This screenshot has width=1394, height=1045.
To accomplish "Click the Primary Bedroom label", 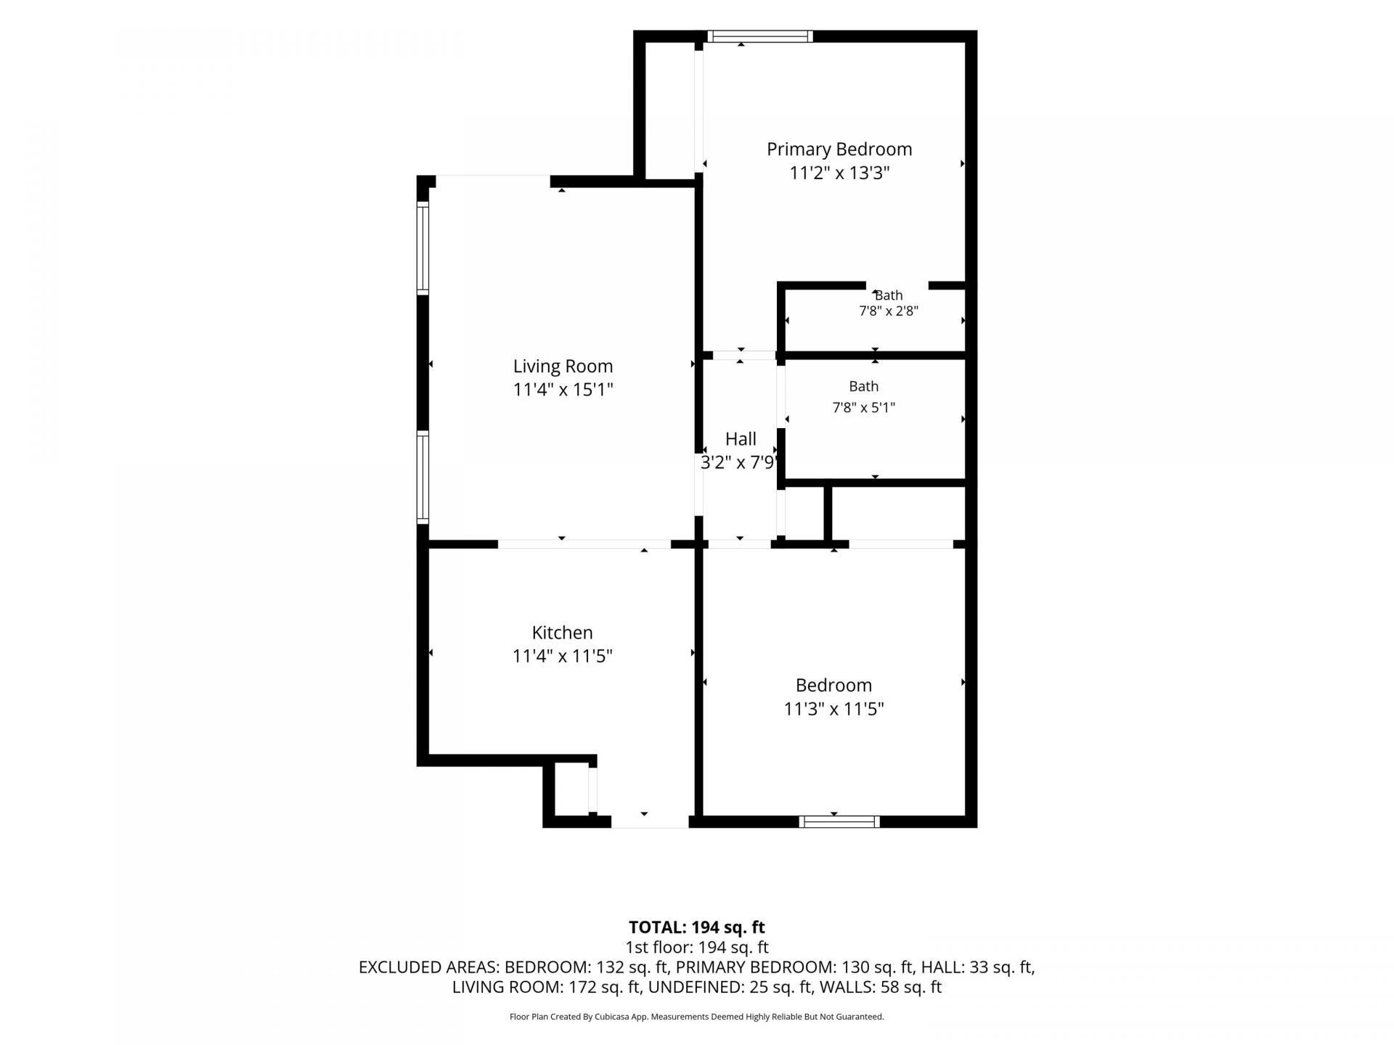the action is pos(839,149).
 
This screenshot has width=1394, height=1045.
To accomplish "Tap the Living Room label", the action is pos(563,366).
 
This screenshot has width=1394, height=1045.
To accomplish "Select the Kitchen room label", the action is pos(562,632).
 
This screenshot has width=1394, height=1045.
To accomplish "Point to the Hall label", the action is pos(741,438).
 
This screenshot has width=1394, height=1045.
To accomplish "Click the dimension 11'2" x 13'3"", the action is pos(839,173).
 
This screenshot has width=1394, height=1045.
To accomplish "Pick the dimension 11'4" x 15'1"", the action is pos(563,390).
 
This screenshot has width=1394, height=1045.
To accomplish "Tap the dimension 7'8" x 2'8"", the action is pos(889,311).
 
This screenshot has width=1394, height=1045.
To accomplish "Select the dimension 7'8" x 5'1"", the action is pos(863,408).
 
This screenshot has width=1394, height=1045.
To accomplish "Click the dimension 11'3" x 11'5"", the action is pos(833,708).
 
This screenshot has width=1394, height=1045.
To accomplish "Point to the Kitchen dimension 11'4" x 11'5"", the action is pos(562,656).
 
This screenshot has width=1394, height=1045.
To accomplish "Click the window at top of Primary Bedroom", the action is pos(760,36).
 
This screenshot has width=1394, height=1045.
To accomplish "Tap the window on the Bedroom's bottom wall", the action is pos(839,821).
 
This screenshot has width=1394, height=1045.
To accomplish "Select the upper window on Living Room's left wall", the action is pos(423,248).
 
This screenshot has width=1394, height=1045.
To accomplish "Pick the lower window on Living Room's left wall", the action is pos(423,477).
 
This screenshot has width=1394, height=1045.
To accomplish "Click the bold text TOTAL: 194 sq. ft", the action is pos(696,927).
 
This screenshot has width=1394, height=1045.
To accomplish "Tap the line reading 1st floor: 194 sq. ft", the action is pos(696,947).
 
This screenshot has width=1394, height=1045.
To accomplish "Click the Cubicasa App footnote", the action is pos(696,1017).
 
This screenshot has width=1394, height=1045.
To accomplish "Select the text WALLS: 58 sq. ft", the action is pos(881,987).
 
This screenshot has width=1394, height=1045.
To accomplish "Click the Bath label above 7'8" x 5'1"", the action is pos(863,387).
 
